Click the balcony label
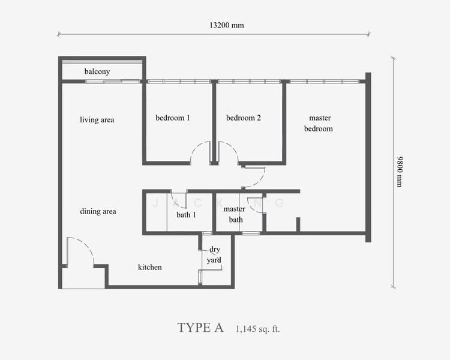click(97, 71)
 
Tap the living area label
click(97, 120)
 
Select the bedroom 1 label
click(173, 118)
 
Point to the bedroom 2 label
click(243, 118)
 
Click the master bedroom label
click(320, 123)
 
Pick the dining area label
click(98, 211)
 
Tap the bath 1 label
click(186, 214)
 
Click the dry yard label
click(215, 255)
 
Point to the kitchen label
click(149, 267)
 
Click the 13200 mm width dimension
click(226, 26)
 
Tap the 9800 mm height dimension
click(400, 172)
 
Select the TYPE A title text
click(200, 328)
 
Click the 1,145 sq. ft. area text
click(258, 329)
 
